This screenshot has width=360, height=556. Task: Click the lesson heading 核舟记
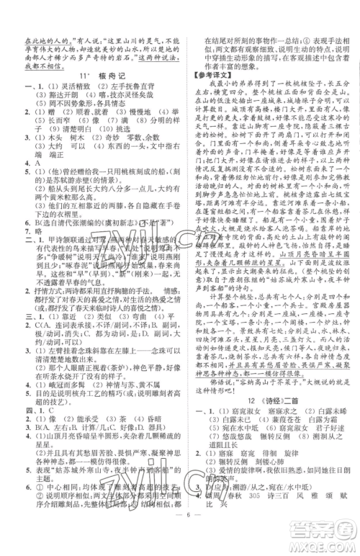[99, 74]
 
